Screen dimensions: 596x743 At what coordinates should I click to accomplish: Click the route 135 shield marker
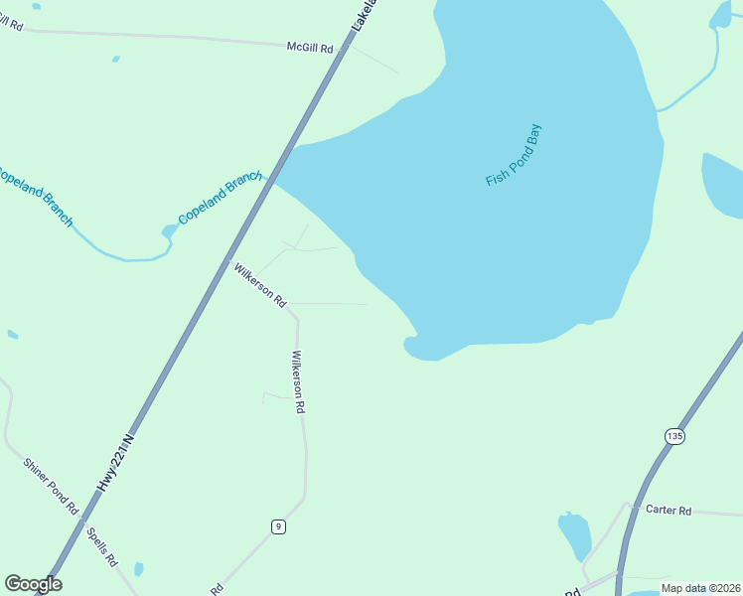[x=675, y=436]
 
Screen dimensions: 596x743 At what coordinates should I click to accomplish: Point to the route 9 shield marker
[x=279, y=525]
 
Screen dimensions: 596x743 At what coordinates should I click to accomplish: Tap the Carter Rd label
[x=668, y=510]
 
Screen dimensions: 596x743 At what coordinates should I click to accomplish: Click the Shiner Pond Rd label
[x=52, y=485]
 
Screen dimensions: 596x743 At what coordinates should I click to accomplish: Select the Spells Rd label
[x=101, y=545]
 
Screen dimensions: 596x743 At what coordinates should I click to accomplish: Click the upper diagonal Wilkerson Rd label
[x=259, y=284]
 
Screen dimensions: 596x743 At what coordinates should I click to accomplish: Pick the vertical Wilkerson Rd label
[x=298, y=381]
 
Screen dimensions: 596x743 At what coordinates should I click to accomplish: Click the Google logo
[x=33, y=584]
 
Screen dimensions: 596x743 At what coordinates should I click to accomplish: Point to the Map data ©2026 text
[x=700, y=588]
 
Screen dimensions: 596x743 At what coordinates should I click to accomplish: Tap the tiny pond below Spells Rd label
[x=138, y=569]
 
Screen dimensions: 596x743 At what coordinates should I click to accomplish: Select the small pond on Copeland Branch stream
[x=169, y=231]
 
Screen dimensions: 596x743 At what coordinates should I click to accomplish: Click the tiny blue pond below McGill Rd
[x=116, y=59]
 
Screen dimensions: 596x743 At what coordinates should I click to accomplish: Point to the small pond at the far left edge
[x=12, y=334]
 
